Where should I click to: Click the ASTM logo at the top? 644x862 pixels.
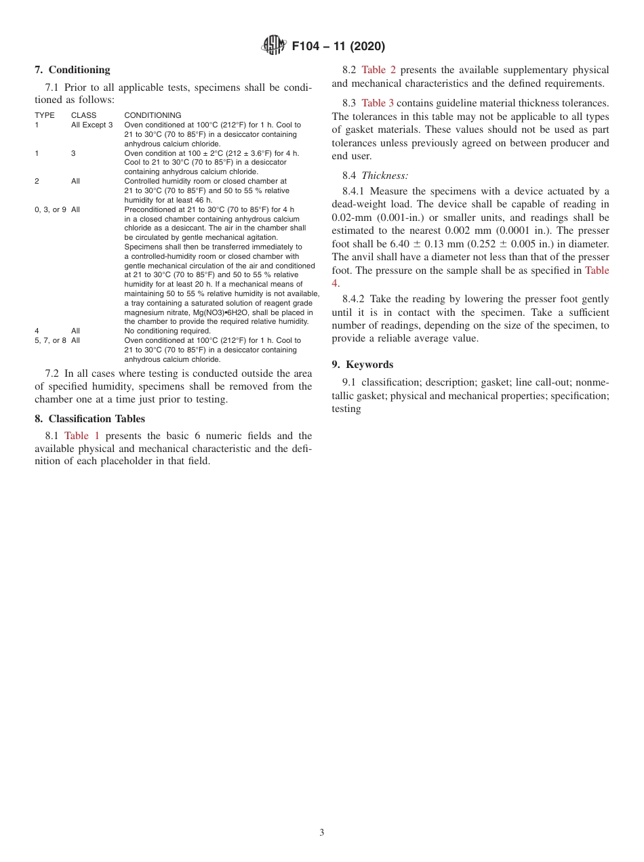pyautogui.click(x=273, y=45)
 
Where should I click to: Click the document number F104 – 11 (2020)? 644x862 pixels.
pyautogui.click(x=338, y=46)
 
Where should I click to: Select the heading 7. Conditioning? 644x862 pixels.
pyautogui.click(x=73, y=70)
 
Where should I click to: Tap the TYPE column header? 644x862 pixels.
pyautogui.click(x=45, y=115)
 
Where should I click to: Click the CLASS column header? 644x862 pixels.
pyautogui.click(x=83, y=115)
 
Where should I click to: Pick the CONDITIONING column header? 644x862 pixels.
pyautogui.click(x=153, y=115)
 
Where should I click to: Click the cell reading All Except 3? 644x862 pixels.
pyautogui.click(x=92, y=125)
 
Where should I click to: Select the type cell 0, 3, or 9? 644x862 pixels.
pyautogui.click(x=50, y=209)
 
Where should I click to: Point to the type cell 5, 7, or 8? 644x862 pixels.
pyautogui.click(x=50, y=340)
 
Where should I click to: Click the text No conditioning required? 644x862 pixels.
pyautogui.click(x=167, y=331)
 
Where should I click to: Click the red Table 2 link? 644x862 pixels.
pyautogui.click(x=378, y=70)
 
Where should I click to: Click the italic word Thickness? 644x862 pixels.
pyautogui.click(x=384, y=175)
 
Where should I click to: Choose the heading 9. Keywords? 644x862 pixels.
pyautogui.click(x=362, y=365)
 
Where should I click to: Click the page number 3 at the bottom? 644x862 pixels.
pyautogui.click(x=322, y=833)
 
